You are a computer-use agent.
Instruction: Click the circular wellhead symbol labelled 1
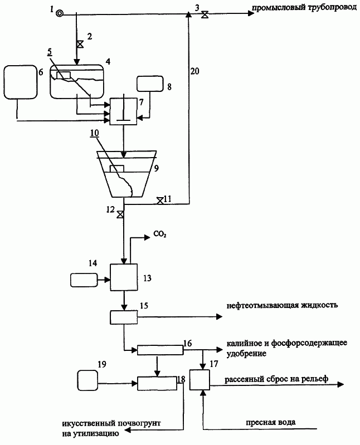point(60,13)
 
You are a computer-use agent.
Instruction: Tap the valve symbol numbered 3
point(205,14)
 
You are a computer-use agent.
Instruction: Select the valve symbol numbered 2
point(80,44)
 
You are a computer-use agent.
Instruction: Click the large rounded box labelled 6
point(20,82)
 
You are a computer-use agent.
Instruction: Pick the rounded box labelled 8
point(150,84)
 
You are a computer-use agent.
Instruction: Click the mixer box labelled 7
point(123,111)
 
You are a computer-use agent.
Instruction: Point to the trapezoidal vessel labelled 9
point(127,174)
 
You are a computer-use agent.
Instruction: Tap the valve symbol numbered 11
point(160,201)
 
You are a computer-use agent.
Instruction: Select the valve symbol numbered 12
point(120,215)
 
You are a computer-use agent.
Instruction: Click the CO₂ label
point(160,234)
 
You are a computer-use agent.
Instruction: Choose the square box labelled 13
point(124,277)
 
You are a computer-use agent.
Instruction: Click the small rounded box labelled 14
point(84,280)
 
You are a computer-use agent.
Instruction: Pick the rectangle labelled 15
point(124,317)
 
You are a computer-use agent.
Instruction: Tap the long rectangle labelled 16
point(160,350)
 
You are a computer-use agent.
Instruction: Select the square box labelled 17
point(200,380)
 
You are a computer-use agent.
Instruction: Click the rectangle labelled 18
point(157,383)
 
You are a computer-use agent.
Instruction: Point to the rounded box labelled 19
point(87,380)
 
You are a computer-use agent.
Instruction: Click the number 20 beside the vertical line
point(194,71)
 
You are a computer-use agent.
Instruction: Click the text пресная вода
point(271,422)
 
